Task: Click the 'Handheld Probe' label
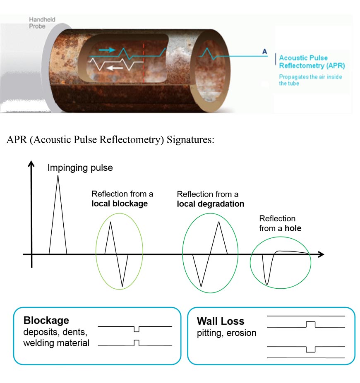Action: pos(42,23)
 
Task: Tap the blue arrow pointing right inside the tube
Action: pos(107,50)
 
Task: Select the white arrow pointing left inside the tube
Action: pos(115,68)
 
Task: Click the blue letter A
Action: pos(264,52)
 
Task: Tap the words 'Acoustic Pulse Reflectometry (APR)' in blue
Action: pos(312,62)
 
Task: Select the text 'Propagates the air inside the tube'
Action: pos(310,80)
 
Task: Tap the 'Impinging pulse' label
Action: pos(80,168)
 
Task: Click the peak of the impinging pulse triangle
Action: pos(58,176)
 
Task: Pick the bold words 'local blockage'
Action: pos(120,203)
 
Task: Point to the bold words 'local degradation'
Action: pos(211,204)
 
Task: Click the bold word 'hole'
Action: pos(293,228)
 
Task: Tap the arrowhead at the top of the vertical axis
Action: pos(31,163)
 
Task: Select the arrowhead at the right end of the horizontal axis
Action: pos(321,254)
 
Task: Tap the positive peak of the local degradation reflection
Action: pos(218,222)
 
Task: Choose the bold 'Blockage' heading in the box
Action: pos(46,320)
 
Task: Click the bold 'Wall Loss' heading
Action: pos(221,321)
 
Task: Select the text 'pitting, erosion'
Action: pos(227,333)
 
